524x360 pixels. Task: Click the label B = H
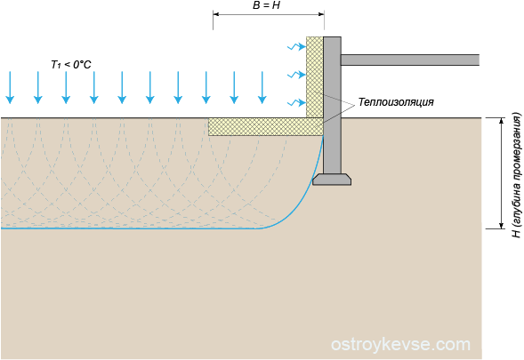pos(266,5)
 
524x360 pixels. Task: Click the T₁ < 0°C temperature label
pos(71,64)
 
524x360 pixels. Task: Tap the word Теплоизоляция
pos(396,102)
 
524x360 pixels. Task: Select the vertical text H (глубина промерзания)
pos(516,175)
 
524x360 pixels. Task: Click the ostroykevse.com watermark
pos(400,344)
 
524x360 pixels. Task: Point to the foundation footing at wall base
pos(332,180)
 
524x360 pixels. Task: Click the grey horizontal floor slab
pos(410,60)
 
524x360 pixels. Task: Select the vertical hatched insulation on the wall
pos(315,77)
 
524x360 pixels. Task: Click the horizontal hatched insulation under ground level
pos(266,126)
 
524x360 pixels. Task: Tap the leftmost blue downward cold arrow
pos(10,87)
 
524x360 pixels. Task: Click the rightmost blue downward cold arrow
pos(262,87)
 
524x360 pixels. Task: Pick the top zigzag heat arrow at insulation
pos(297,47)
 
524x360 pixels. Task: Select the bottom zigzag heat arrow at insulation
pos(297,102)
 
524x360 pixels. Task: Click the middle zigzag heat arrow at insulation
pos(297,75)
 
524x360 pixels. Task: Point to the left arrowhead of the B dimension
pos(216,14)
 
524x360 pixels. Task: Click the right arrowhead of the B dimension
pos(321,14)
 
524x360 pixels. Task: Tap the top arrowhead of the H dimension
pos(501,121)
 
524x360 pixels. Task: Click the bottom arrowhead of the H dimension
pos(501,226)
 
